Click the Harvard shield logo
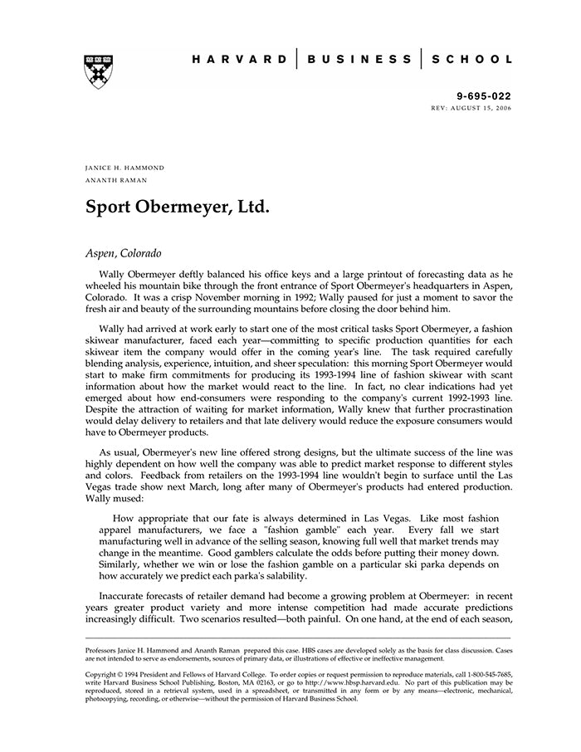click(x=99, y=71)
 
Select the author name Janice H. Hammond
click(x=125, y=168)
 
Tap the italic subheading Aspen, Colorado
click(x=124, y=252)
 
